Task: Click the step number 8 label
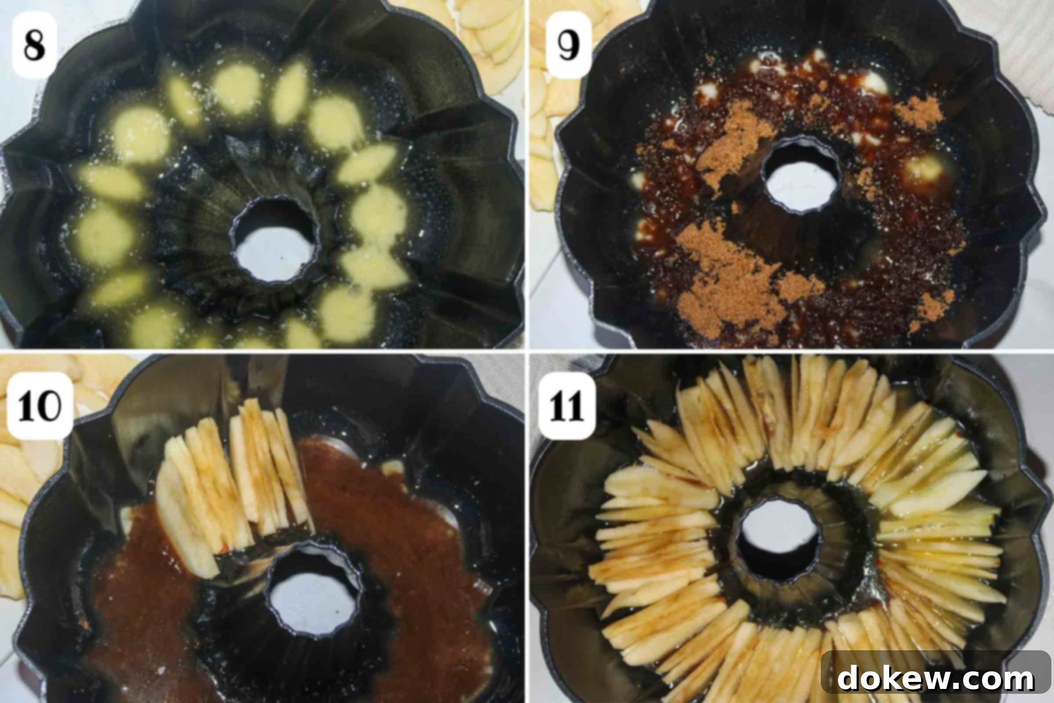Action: (35, 45)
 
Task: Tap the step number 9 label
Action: (569, 45)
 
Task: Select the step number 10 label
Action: (40, 406)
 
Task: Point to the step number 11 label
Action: (567, 406)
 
